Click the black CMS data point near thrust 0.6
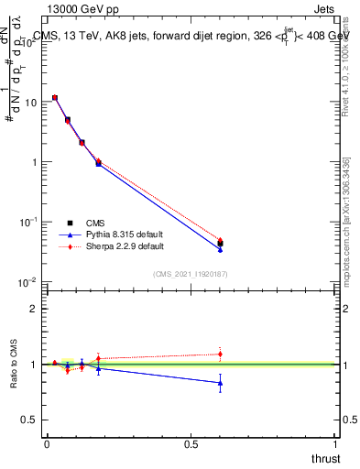click(220, 244)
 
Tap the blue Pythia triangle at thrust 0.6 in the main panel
click(220, 249)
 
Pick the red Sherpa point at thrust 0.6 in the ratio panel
click(220, 354)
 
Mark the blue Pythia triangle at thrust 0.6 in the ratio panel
click(220, 383)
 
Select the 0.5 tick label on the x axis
click(191, 443)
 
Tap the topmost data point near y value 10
click(55, 97)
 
